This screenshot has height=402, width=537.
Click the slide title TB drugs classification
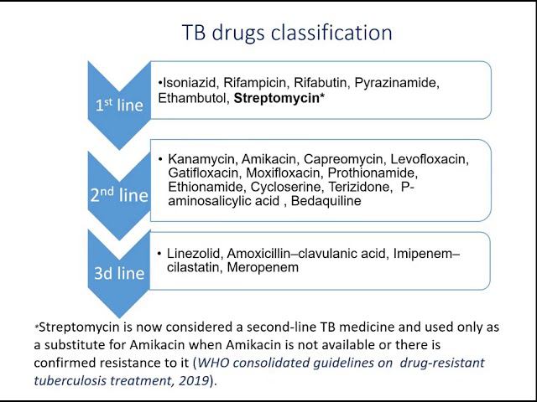click(x=287, y=33)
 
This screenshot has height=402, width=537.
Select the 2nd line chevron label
click(x=118, y=196)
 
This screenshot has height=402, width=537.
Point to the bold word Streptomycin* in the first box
click(x=279, y=98)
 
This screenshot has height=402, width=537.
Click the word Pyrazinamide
click(x=397, y=83)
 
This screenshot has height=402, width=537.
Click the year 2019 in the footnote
click(x=199, y=379)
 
